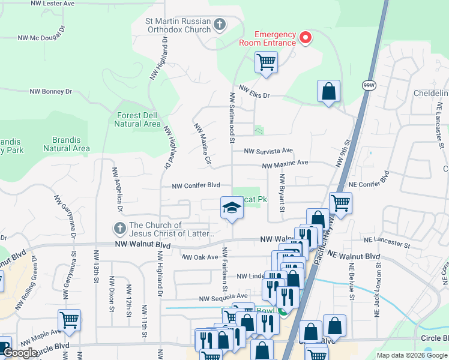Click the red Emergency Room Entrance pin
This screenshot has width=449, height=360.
coord(305,38)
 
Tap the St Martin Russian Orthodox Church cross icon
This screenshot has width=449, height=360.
coord(220,25)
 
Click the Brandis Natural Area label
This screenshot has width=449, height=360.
coord(67,144)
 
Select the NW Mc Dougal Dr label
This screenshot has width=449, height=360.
coord(41,37)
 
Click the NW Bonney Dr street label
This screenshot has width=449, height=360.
coord(51,92)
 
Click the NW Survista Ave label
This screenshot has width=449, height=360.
coord(268,151)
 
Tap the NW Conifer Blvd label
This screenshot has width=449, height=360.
coord(196,185)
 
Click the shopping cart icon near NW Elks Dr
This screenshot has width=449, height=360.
coord(266,61)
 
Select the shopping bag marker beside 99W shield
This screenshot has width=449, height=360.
coord(328,92)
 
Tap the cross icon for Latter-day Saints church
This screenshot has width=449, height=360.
coord(119,229)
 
